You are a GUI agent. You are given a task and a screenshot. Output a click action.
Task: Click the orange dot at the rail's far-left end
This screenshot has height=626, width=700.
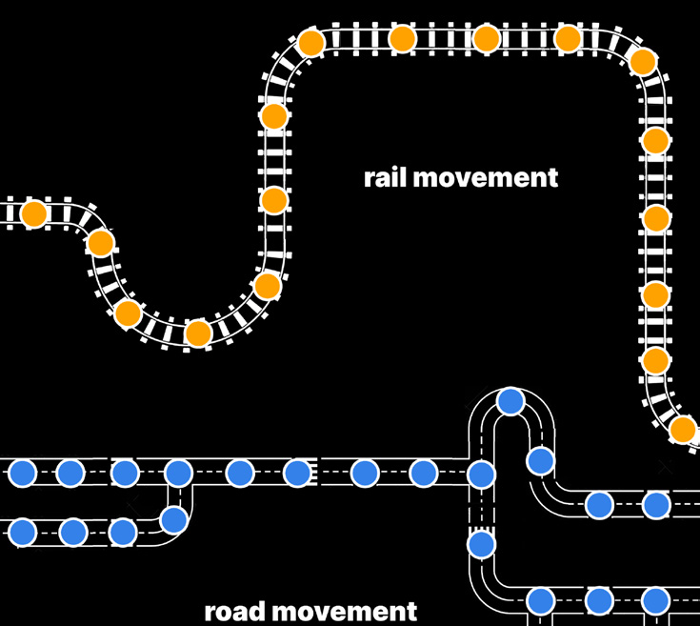(34, 213)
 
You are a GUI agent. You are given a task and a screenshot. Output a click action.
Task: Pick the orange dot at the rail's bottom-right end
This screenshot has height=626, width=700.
(683, 430)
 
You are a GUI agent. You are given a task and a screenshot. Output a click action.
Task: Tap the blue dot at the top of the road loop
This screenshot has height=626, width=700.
(511, 401)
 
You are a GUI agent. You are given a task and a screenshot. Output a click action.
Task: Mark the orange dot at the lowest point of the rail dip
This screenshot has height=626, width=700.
(198, 333)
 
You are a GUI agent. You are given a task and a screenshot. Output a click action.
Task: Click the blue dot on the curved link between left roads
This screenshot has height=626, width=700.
(173, 519)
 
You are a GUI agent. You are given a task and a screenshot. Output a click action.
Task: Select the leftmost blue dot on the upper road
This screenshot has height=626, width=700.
(23, 472)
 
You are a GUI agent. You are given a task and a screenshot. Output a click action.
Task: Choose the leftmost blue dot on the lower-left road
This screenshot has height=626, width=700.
(23, 532)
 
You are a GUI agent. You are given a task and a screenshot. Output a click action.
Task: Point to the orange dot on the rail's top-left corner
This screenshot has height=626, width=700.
(310, 43)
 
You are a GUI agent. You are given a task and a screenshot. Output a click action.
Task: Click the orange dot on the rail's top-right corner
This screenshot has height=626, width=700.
(643, 62)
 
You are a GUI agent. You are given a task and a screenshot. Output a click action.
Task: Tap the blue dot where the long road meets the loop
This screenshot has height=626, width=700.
(481, 475)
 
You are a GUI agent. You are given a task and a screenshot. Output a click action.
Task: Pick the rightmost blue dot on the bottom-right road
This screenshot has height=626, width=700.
(655, 600)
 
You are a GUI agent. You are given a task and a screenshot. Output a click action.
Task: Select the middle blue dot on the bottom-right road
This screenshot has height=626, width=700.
(598, 600)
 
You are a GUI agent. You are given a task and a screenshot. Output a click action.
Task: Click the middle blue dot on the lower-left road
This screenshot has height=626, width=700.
(73, 532)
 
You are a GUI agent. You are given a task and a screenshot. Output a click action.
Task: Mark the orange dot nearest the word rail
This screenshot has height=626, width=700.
(274, 200)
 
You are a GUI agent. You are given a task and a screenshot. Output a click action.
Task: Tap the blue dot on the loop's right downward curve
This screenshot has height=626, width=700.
(541, 461)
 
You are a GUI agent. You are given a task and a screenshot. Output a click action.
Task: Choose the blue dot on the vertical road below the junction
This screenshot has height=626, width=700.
(481, 544)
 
